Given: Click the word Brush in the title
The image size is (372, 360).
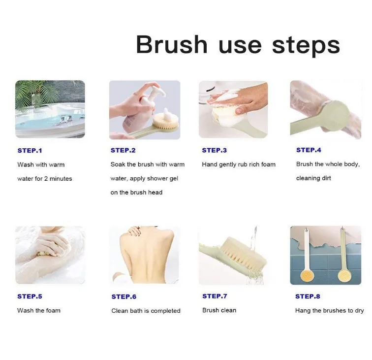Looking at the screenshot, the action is [172, 44].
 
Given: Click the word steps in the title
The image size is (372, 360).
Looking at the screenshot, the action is [306, 46].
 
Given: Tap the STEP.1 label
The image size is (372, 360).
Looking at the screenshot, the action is [30, 151].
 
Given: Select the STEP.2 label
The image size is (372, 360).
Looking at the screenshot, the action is [123, 150].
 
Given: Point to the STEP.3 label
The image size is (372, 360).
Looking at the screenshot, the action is [214, 150].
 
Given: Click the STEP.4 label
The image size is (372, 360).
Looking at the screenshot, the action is [309, 150].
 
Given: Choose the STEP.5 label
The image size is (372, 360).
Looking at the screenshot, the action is [30, 296].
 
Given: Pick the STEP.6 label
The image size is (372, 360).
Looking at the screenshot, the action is [124, 296].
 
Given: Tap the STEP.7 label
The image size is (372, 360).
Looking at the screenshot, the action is [215, 296].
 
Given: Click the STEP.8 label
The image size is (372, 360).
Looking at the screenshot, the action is [308, 296].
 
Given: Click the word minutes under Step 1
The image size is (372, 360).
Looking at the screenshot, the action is [61, 179].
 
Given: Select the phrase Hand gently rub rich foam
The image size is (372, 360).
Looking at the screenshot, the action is [239, 164].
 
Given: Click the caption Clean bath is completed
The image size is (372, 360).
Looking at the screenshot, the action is [146, 311].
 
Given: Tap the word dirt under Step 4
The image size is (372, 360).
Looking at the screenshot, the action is [327, 178].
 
